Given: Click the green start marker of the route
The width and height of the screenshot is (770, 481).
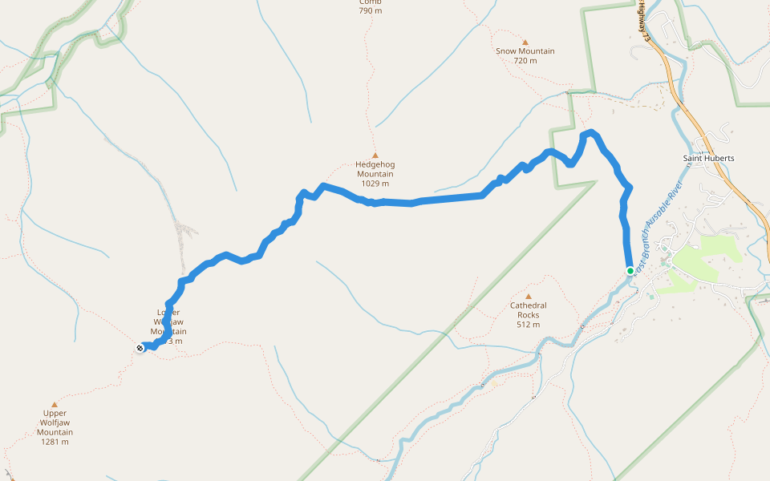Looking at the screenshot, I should (x=630, y=270).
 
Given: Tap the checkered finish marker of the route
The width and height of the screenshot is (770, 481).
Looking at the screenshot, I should (x=141, y=347).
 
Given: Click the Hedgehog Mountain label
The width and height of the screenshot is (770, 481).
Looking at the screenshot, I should (x=375, y=169).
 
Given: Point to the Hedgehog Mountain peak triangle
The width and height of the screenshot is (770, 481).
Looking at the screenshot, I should (x=375, y=156).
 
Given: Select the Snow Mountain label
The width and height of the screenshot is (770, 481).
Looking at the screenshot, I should (x=525, y=51).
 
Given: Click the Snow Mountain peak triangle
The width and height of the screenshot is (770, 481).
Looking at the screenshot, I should (x=525, y=42).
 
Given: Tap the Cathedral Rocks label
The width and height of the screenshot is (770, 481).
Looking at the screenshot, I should (x=528, y=310).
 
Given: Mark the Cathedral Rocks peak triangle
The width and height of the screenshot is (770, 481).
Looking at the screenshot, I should (x=528, y=297).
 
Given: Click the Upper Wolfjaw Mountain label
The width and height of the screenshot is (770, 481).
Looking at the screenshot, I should (x=55, y=422).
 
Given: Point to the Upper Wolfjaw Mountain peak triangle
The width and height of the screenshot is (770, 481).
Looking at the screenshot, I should (x=55, y=405).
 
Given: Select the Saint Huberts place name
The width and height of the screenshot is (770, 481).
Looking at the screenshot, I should (x=708, y=158).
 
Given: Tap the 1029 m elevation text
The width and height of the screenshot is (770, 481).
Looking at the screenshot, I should (x=375, y=184).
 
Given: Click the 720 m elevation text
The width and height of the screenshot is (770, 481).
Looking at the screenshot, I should (x=525, y=61).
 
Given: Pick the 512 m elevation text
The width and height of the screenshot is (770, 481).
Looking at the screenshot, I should (x=528, y=325).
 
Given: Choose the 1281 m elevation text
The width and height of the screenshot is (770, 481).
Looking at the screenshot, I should (x=55, y=442).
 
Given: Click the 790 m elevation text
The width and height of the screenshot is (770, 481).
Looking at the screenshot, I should (x=371, y=11).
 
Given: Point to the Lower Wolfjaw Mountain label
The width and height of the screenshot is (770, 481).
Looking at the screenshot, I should (x=168, y=322).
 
